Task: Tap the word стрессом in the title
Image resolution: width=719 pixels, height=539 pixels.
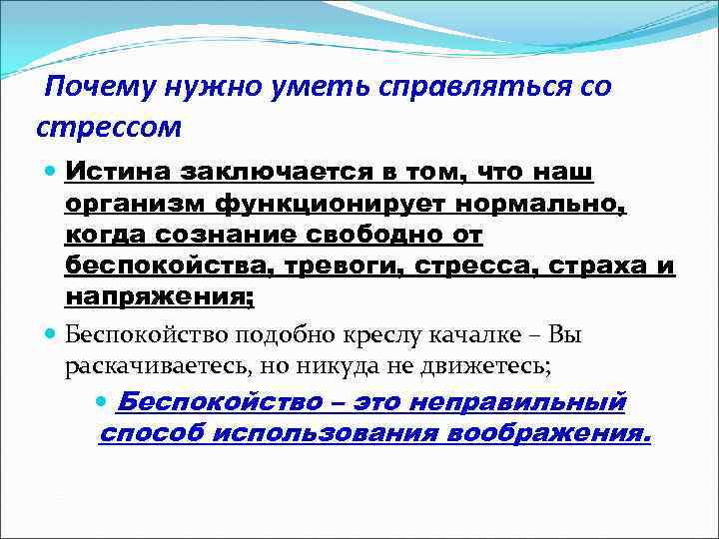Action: point(109,128)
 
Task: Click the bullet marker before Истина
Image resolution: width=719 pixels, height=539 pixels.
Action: point(53,173)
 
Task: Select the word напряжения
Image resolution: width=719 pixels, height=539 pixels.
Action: point(159,297)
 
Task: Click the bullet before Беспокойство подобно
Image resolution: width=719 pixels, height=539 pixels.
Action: point(53,333)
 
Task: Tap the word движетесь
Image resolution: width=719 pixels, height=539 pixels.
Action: point(486,365)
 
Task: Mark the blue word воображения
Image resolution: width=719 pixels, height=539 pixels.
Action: point(549,434)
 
